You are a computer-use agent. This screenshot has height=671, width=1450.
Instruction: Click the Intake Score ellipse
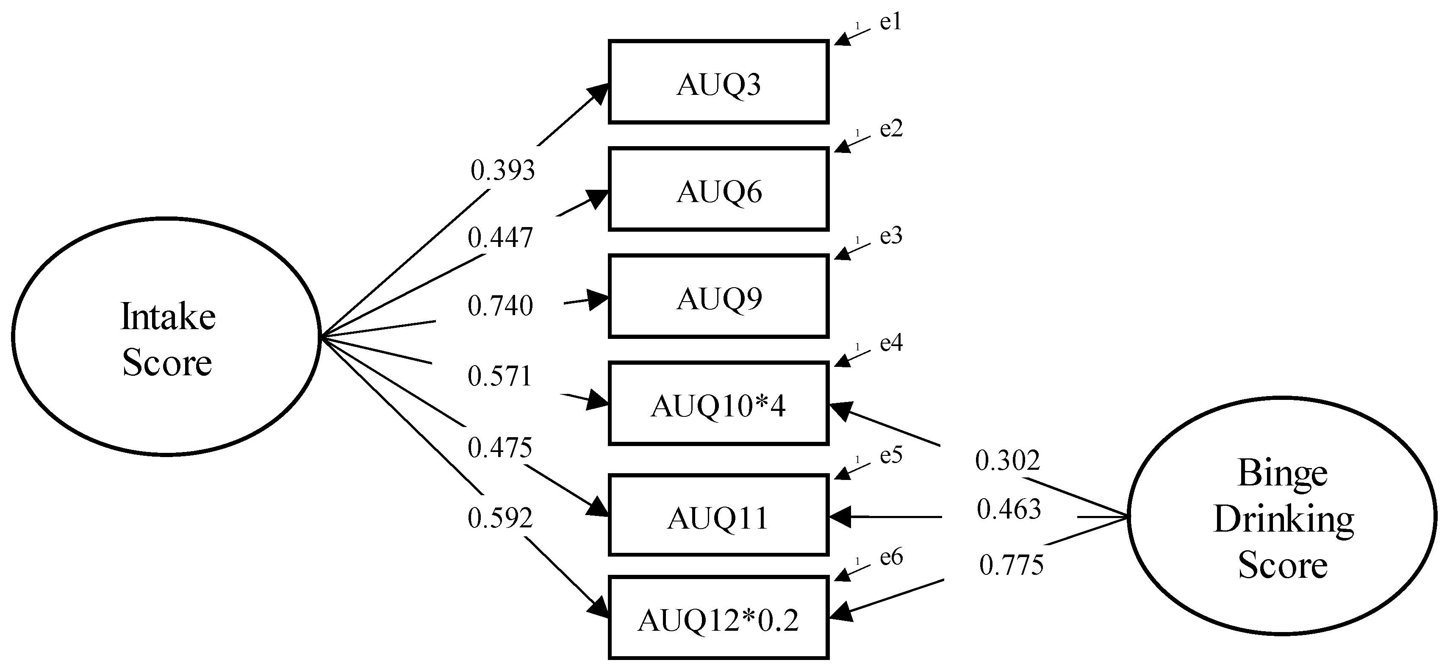(x=166, y=337)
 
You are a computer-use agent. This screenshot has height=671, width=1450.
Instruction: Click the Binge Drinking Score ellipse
(x=1282, y=516)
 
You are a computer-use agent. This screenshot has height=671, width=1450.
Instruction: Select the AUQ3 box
(x=718, y=82)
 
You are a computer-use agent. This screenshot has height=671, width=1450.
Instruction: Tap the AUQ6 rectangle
(x=718, y=190)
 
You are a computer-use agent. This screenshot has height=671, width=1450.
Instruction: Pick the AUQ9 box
(x=718, y=297)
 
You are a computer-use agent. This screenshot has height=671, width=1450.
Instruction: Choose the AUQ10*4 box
(x=718, y=404)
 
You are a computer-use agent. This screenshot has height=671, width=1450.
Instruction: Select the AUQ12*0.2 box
(x=718, y=618)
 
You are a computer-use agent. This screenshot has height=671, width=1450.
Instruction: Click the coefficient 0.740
(x=500, y=306)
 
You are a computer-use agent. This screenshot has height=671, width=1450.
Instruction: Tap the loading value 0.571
(x=500, y=377)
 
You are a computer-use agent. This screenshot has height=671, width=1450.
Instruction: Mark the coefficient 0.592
(x=500, y=518)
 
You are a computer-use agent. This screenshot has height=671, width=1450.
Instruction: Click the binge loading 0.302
(x=1008, y=461)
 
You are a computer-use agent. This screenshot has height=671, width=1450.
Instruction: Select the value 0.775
(x=1012, y=565)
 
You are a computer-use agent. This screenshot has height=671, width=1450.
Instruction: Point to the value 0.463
(x=1009, y=510)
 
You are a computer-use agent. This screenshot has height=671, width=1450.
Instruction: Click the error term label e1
(x=890, y=22)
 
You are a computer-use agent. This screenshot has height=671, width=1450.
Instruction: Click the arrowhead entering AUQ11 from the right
(x=840, y=516)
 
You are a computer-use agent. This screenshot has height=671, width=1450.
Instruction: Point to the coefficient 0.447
(x=500, y=238)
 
